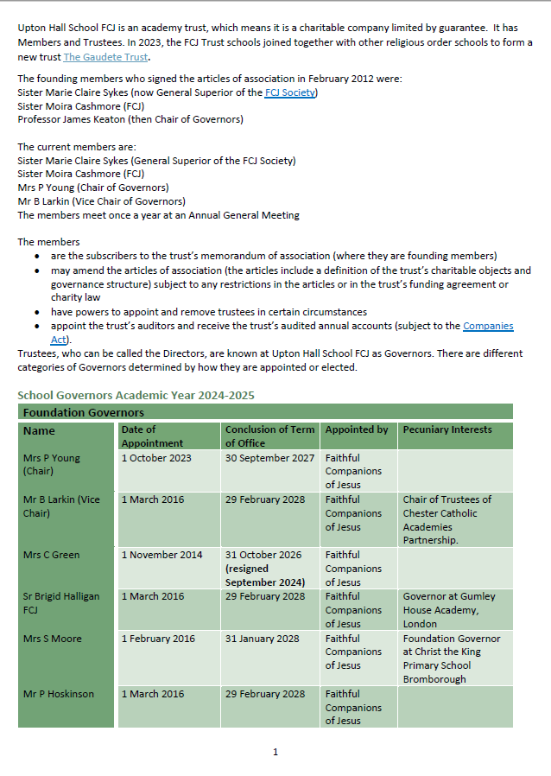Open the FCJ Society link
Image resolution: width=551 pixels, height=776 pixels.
click(290, 92)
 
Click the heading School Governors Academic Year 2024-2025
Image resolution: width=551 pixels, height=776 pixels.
click(136, 395)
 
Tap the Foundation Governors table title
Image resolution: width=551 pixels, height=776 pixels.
click(84, 412)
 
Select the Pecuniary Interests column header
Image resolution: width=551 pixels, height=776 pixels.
click(447, 429)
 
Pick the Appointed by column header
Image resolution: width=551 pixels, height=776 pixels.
click(357, 429)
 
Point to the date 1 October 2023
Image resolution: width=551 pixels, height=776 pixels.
click(156, 458)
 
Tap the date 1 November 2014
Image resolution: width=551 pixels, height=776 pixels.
click(161, 555)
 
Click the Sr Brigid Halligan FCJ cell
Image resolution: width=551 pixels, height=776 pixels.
click(61, 602)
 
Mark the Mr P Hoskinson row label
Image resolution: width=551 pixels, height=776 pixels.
click(59, 694)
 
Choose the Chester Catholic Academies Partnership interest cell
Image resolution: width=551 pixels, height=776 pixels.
click(446, 519)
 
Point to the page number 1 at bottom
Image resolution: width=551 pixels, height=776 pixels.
click(275, 752)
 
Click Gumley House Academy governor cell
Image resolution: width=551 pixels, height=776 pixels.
click(446, 609)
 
